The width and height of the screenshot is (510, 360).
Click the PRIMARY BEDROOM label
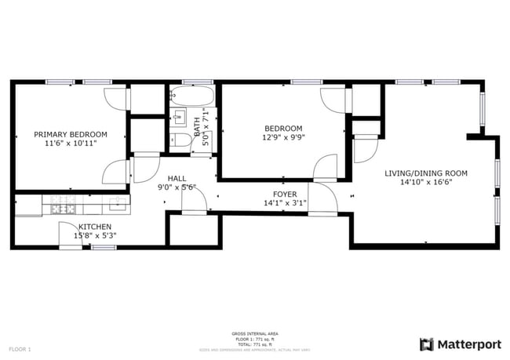[71, 134]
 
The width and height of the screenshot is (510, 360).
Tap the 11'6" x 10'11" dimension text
[71, 144]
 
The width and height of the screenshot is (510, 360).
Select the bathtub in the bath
[191, 97]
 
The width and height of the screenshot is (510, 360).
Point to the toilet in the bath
[179, 140]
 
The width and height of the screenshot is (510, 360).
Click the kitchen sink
[118, 204]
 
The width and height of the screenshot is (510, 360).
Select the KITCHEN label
[94, 226]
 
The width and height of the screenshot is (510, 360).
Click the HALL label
[176, 178]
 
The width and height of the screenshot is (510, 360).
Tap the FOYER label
[284, 194]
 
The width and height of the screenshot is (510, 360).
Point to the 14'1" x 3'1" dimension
[284, 203]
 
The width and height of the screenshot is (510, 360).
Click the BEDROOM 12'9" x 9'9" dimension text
[283, 137]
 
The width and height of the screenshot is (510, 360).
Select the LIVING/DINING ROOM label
[425, 173]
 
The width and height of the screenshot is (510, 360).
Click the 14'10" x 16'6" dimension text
[425, 183]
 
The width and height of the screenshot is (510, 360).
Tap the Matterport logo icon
[426, 344]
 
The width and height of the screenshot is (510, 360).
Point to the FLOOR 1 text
[20, 348]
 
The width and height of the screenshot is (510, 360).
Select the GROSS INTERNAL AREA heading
[254, 333]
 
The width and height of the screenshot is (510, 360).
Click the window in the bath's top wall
[192, 82]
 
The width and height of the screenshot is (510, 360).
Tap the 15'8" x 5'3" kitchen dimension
[94, 235]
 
